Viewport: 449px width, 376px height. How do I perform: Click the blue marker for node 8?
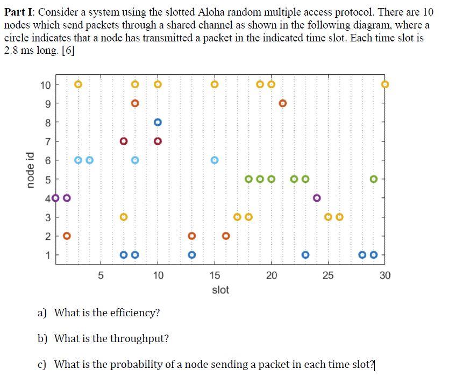coord(158,122)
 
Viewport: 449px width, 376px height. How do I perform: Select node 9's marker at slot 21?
coord(283,103)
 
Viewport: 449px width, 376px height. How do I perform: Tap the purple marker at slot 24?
coord(317,198)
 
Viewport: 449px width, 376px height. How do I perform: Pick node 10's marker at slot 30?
coord(385,84)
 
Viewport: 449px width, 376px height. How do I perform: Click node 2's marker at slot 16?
coord(226,236)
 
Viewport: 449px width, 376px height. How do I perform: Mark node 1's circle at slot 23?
coord(305,254)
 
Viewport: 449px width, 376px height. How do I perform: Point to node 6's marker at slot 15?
coord(215,160)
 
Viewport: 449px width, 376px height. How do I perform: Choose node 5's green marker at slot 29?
coord(374,179)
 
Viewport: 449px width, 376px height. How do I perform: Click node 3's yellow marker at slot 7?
coord(124,217)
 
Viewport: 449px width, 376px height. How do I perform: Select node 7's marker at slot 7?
coord(124,141)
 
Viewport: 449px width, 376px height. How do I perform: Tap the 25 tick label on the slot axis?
coord(328,276)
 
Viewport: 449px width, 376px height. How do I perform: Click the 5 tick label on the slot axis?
coord(101,276)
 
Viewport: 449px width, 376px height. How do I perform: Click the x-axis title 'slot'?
coord(220,290)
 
